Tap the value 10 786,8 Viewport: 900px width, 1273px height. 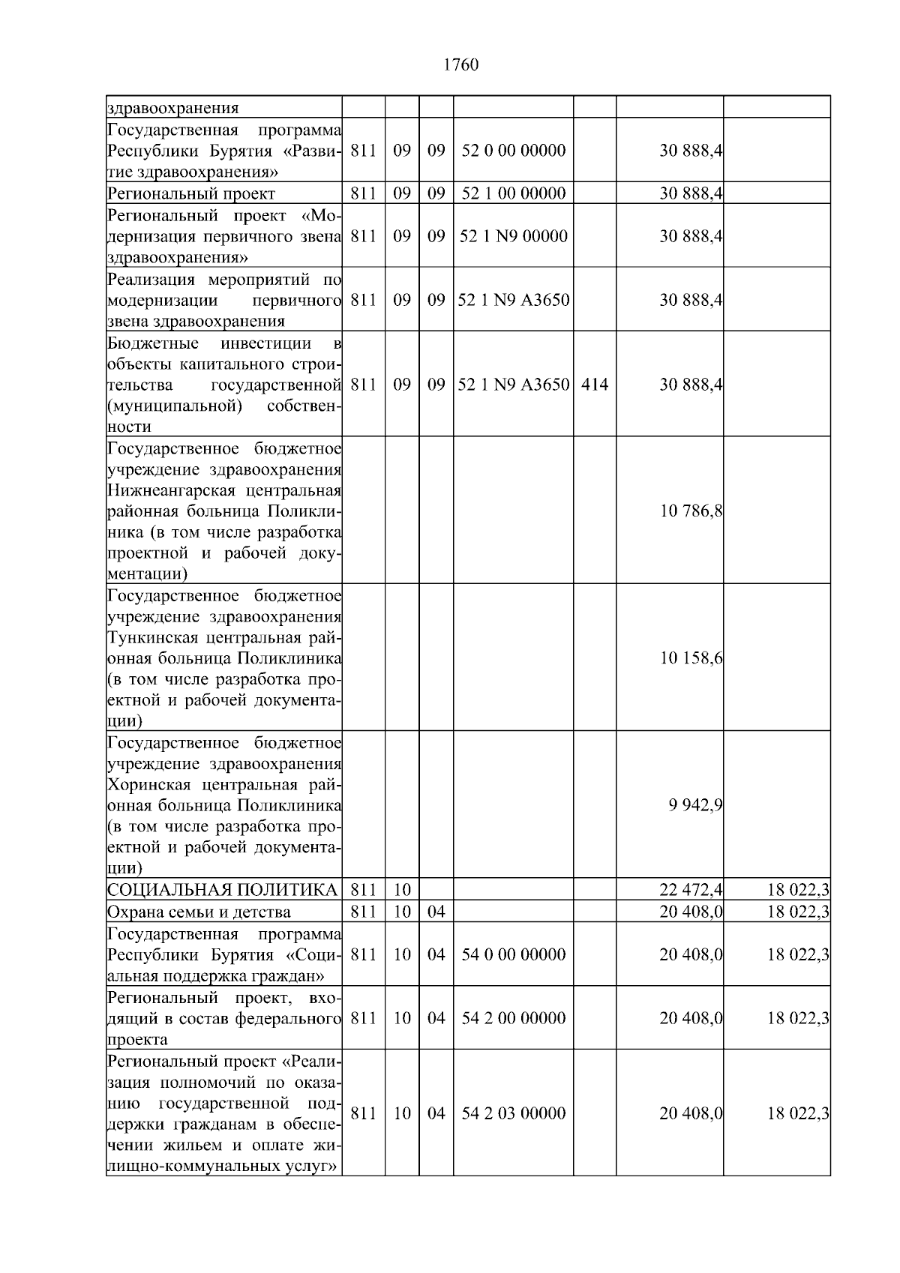point(691,511)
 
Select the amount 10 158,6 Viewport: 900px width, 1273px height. point(691,658)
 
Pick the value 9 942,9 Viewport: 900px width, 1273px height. point(695,805)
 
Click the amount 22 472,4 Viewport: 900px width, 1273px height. point(691,890)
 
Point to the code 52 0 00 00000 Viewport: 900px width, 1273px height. point(514,151)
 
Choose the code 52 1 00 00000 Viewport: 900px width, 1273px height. point(514,193)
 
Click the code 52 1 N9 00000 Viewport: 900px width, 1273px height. point(514,236)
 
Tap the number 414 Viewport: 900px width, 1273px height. point(595,385)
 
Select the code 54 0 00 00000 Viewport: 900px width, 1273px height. point(514,954)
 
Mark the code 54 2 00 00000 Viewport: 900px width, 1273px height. point(514,1018)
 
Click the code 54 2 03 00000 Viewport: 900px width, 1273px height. point(514,1113)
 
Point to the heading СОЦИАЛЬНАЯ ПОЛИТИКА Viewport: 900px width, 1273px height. point(222,890)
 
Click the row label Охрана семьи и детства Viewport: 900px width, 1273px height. point(199,912)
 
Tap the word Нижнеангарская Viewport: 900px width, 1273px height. point(161,491)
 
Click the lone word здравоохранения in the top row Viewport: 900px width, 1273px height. point(172,108)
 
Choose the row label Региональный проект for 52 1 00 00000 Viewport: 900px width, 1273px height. point(190,193)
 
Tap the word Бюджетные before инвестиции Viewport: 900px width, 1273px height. point(153,343)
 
